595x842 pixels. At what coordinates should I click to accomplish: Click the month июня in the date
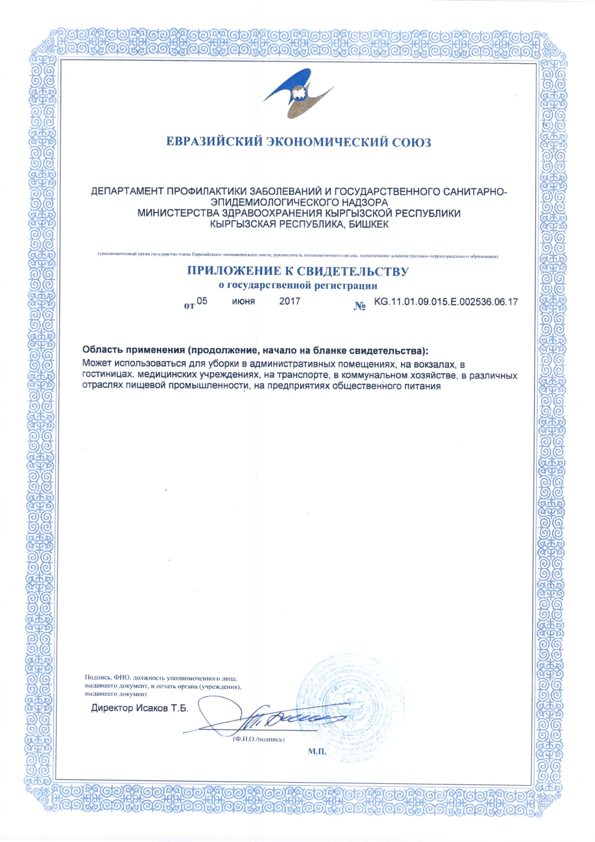point(244,301)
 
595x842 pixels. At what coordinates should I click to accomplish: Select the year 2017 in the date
point(290,301)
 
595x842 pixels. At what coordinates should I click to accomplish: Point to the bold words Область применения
point(133,350)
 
